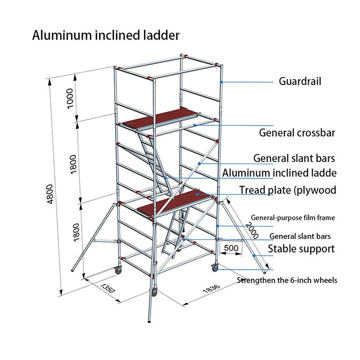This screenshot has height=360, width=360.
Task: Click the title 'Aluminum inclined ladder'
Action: point(106,36)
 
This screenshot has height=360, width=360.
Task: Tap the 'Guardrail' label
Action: point(300,82)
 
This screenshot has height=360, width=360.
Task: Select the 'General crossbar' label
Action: point(297,132)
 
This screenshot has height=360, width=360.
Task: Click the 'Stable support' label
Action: point(301,249)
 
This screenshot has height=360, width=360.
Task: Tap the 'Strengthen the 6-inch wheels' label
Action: point(287,280)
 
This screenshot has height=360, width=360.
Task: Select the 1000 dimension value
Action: point(71,98)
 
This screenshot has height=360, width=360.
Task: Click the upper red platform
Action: point(161,119)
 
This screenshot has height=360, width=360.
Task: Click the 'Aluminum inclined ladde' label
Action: point(279,173)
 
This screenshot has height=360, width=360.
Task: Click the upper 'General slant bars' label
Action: point(294,158)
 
